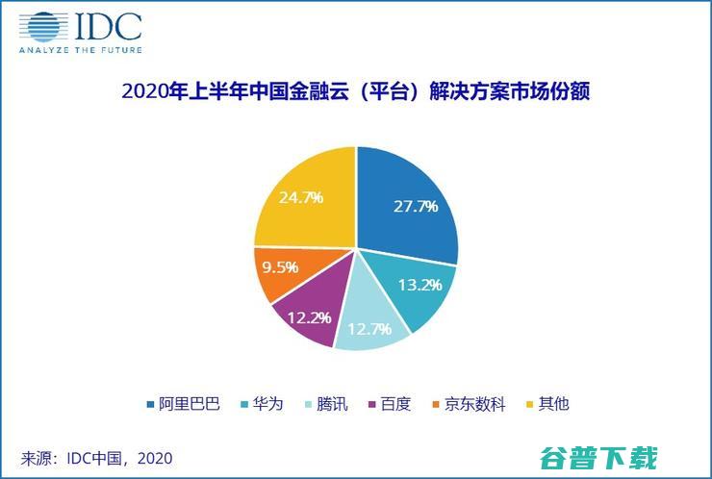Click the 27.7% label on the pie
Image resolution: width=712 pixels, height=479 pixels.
point(416,207)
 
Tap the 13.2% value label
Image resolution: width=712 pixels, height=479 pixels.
point(420,285)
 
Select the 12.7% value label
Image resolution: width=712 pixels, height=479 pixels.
point(369,329)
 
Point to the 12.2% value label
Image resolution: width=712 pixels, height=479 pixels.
point(309,317)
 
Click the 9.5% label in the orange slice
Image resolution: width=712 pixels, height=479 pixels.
point(280,267)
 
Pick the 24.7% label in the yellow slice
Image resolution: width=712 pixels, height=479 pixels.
point(301,197)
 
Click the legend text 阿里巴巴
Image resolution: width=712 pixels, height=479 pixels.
point(190,404)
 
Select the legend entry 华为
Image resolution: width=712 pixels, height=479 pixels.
point(267,404)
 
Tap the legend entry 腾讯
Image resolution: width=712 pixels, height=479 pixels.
point(332,404)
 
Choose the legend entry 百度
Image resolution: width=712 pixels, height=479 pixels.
point(396,404)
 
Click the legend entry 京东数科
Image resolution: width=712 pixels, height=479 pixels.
point(475,404)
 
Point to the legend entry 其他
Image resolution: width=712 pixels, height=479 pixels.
point(553,404)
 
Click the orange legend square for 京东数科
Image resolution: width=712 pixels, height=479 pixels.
point(436,404)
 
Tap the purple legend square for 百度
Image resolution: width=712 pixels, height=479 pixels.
point(372,404)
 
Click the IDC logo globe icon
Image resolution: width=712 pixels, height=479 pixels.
point(43,27)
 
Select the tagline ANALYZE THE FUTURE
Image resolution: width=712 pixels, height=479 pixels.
point(81,50)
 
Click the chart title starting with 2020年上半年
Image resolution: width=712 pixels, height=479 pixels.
point(356,91)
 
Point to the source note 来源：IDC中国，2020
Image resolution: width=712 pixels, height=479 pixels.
point(96,458)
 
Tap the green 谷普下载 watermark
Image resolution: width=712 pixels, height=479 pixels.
point(598,457)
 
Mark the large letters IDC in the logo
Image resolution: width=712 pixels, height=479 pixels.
point(109,27)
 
